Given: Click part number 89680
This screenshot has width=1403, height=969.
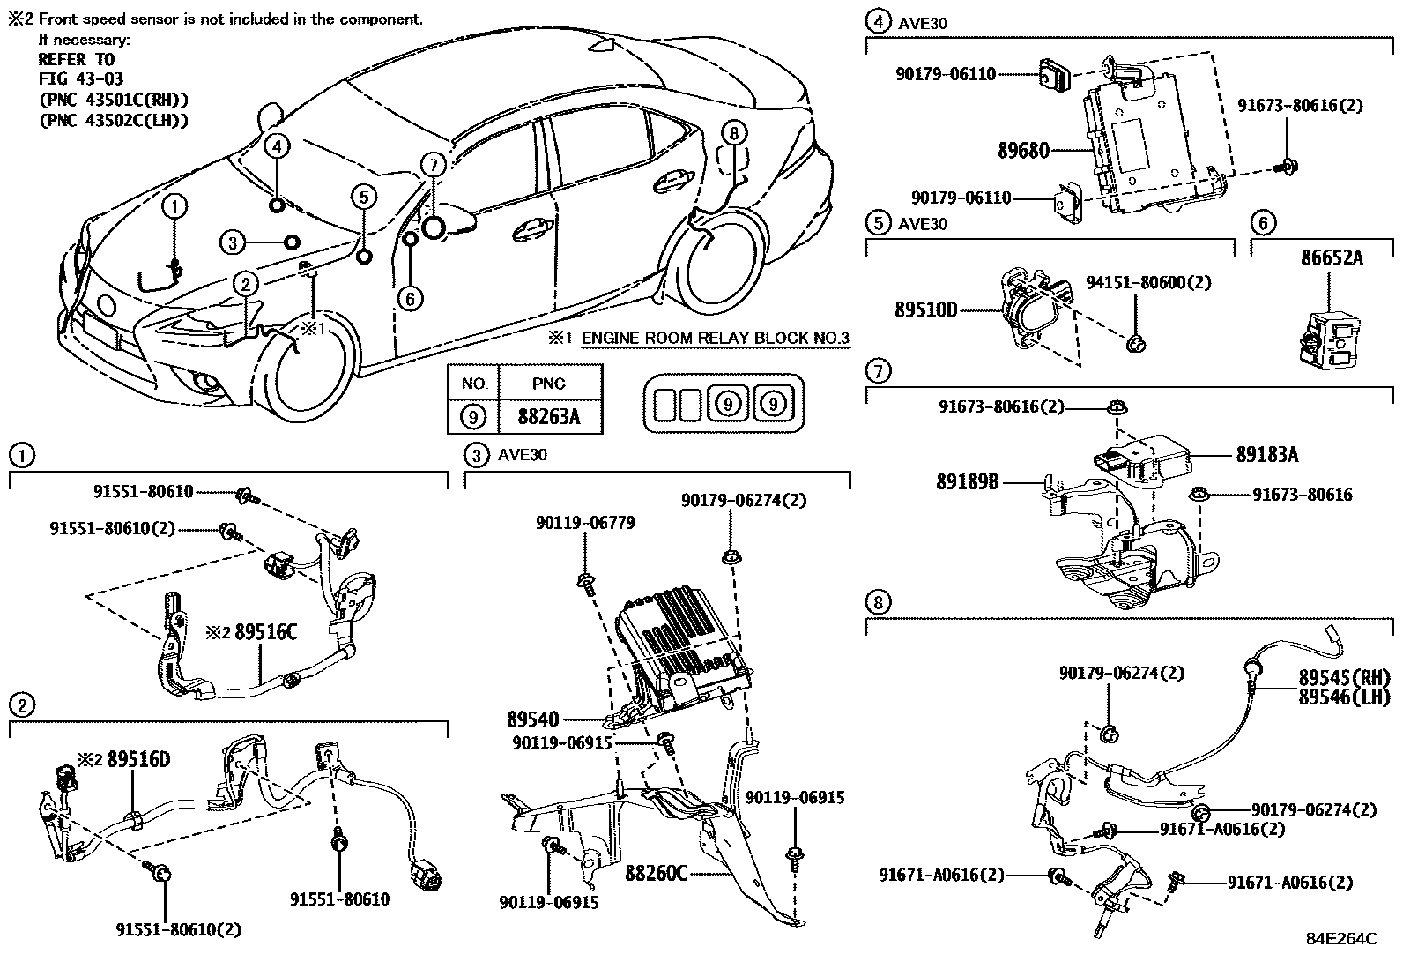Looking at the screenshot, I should click(x=1023, y=151).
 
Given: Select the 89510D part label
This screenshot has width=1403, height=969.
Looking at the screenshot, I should click(x=925, y=310).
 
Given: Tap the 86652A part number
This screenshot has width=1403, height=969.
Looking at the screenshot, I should click(x=1332, y=258).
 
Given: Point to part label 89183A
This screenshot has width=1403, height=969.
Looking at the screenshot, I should click(x=1266, y=455).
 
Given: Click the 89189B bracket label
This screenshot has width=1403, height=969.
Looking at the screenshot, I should click(x=968, y=482).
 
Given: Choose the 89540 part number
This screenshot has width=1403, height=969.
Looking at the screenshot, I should click(x=532, y=719).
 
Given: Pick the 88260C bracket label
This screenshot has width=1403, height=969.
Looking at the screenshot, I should click(x=656, y=874).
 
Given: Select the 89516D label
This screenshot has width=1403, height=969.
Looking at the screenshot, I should click(x=138, y=759).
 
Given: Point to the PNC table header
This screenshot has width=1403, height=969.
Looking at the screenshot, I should click(x=549, y=384).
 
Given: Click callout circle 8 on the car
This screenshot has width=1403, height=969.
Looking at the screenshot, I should click(x=733, y=133).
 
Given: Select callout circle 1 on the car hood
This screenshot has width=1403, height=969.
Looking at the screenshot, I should click(x=174, y=207).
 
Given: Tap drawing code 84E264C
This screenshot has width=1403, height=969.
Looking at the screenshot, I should click(x=1341, y=939).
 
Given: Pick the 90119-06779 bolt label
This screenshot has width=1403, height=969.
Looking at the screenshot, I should click(x=584, y=523).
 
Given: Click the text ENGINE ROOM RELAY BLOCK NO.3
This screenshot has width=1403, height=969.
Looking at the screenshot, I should click(x=715, y=338).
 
